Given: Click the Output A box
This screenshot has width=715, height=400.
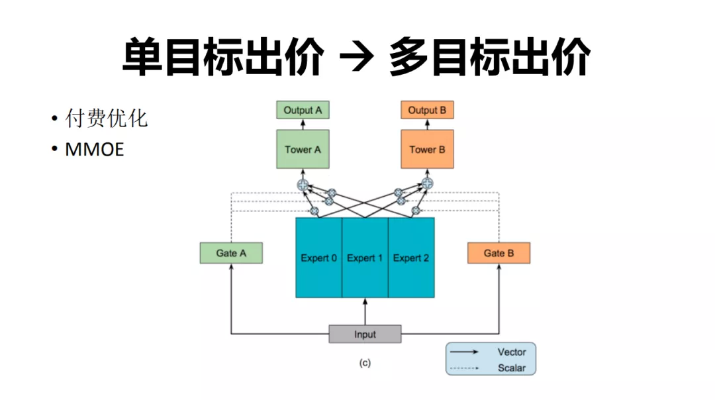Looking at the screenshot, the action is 303,110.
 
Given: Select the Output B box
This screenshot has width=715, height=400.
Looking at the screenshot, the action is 427,110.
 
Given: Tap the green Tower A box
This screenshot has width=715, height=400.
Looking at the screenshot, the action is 303,149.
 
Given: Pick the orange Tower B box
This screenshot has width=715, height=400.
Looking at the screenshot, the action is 427,149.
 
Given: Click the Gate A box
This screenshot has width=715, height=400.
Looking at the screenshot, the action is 231,253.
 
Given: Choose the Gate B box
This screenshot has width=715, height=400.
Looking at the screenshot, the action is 499,253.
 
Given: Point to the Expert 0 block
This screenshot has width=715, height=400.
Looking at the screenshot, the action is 318,258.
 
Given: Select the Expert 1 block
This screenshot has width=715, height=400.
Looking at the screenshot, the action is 365,258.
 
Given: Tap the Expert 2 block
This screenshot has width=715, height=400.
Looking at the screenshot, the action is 411,258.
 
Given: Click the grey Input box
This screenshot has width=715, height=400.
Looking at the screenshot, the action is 365,334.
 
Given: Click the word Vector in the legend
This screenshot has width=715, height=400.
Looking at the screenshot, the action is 512,352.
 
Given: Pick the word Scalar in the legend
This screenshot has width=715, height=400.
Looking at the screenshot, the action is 512,368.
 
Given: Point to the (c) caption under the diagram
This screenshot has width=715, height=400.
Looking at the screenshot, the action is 365,363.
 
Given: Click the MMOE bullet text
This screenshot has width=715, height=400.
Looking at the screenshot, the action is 95,150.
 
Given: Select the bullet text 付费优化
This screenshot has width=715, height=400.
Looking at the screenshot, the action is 106,119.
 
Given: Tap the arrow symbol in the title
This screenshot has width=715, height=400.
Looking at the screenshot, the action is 357,57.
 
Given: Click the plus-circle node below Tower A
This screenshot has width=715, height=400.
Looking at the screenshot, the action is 303,185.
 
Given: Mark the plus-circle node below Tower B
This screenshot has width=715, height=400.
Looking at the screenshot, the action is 427,184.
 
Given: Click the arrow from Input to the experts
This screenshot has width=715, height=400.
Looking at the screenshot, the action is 365,311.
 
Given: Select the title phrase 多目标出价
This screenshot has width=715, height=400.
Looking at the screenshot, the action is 490,57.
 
